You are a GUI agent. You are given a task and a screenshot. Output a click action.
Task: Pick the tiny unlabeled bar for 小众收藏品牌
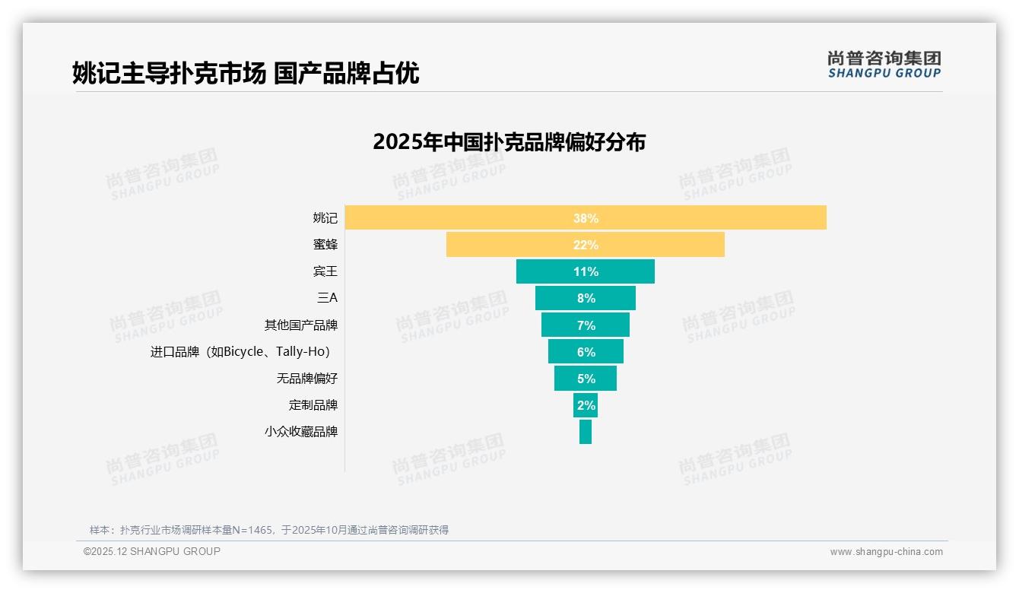586,432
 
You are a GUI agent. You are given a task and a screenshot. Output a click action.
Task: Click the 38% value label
586,218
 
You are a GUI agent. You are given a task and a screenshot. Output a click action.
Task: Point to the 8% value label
586,299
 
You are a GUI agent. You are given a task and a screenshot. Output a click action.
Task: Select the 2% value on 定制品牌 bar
586,405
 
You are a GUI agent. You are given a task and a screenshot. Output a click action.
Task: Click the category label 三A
327,298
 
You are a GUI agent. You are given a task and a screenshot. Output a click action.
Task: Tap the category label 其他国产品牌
301,325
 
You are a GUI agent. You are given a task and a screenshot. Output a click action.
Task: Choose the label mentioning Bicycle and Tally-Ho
240,352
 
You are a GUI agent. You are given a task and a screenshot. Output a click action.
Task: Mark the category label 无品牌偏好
307,378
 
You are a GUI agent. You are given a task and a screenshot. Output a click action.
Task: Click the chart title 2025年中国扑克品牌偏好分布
509,142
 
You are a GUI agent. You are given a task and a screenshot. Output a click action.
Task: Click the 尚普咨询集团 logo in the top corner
884,65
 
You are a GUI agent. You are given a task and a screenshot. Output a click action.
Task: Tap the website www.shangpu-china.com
886,552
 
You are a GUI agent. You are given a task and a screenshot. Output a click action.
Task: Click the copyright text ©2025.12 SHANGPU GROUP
152,551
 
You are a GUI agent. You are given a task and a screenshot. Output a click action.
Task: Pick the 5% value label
586,379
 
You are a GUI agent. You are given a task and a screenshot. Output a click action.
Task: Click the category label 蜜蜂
325,244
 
